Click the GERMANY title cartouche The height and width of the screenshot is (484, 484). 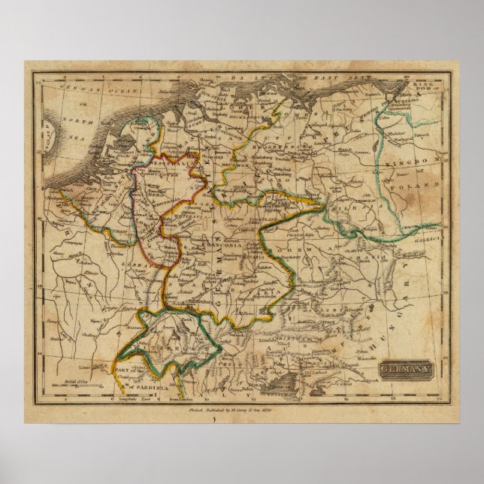pyautogui.click(x=405, y=370)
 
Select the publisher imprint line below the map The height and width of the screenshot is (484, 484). pyautogui.click(x=241, y=411)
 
